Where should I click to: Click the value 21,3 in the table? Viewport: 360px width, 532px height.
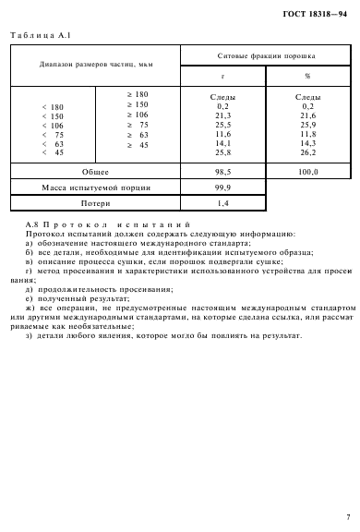point(222,115)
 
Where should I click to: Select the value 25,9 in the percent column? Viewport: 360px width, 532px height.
point(307,124)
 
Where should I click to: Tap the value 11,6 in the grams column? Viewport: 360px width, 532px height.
point(222,134)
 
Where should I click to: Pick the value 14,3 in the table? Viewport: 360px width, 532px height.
point(307,143)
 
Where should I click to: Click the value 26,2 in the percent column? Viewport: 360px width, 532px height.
point(307,152)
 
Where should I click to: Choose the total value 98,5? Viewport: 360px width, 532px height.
point(222,172)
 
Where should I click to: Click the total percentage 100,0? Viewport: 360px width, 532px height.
point(307,172)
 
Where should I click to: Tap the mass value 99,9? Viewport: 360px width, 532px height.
point(222,186)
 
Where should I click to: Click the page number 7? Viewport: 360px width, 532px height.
point(347,516)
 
